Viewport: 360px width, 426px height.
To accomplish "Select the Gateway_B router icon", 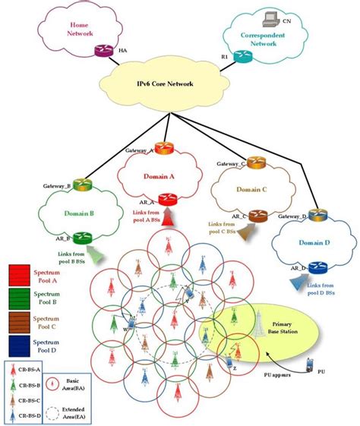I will pos(83,184).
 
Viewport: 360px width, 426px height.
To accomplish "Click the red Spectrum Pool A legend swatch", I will pos(18,273).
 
